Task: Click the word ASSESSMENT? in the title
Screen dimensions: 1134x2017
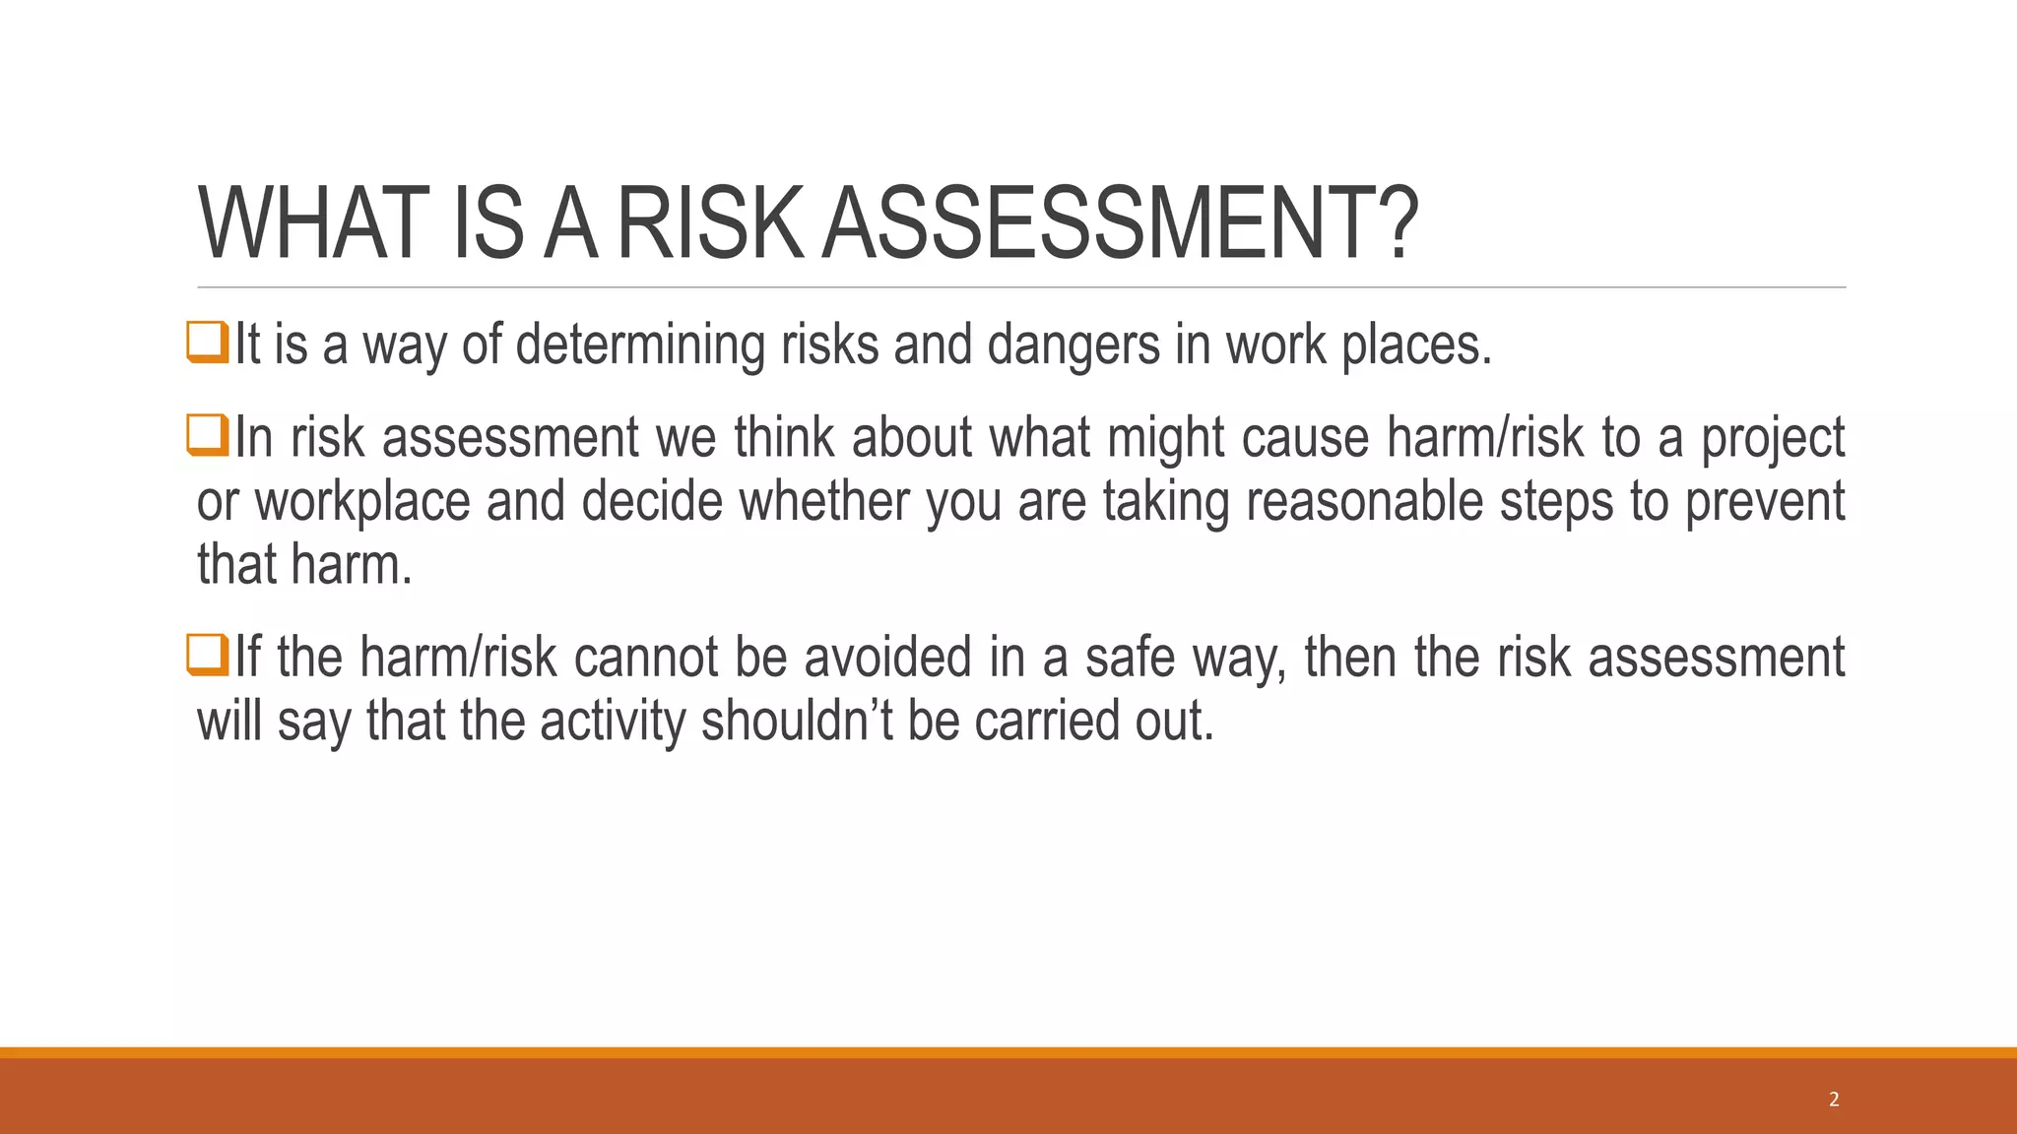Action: click(x=1120, y=224)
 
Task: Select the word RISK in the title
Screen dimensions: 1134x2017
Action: click(x=707, y=224)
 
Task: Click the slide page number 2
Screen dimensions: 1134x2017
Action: click(x=1834, y=1100)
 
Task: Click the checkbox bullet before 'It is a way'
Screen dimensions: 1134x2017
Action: click(x=208, y=343)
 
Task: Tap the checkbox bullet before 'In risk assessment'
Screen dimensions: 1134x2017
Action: click(x=208, y=435)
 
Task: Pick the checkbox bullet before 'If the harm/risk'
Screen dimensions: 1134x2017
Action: click(x=208, y=655)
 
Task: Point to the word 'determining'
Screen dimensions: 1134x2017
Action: click(x=640, y=346)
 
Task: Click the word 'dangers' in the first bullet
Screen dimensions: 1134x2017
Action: click(x=1074, y=346)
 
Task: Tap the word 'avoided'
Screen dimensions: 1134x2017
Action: click(x=887, y=658)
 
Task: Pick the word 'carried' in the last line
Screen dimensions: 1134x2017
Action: click(x=1046, y=721)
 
